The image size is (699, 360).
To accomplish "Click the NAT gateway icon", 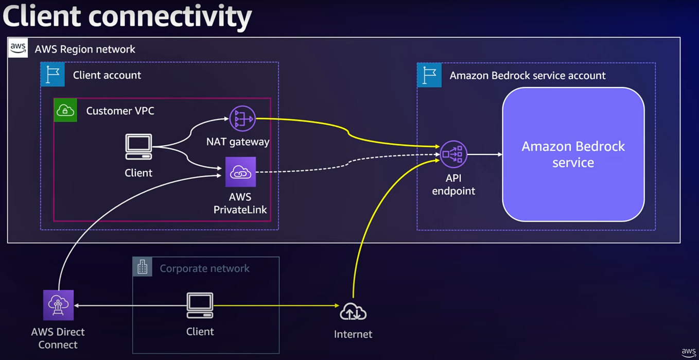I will [x=242, y=118].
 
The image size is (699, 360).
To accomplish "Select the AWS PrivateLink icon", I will [x=240, y=172].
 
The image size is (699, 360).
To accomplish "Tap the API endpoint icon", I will [x=453, y=154].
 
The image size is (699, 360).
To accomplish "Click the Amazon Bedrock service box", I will [x=573, y=154].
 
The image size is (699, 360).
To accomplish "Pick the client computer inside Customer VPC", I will [x=138, y=147].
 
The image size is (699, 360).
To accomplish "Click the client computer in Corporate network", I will [x=200, y=305].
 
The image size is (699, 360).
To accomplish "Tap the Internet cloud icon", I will [x=353, y=311].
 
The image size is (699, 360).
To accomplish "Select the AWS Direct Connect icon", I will [x=58, y=305].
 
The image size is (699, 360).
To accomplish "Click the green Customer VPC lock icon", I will [x=65, y=110].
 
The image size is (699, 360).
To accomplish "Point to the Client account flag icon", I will [x=53, y=75].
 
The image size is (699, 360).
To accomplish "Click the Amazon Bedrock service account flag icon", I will [x=429, y=75].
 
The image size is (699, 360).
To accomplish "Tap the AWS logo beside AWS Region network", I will [x=18, y=48].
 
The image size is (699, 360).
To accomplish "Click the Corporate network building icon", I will [x=143, y=267].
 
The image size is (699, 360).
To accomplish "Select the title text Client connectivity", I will [x=127, y=16].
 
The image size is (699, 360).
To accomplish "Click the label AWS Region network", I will [x=85, y=49].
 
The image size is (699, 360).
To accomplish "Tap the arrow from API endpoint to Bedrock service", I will [x=484, y=154].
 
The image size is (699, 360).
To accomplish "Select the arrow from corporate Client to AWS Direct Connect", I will [x=129, y=305].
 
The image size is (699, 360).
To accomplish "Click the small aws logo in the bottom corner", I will [x=689, y=353].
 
